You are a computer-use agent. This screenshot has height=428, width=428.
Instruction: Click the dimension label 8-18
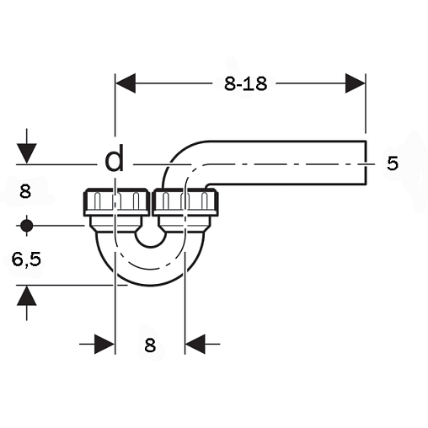coord(245,83)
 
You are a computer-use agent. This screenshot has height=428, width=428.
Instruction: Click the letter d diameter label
coord(115,160)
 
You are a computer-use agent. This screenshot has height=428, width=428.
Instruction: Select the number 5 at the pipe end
coord(393,163)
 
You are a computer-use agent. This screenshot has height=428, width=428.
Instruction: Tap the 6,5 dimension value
coord(26,259)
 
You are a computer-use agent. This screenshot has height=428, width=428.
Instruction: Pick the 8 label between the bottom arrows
coord(150,345)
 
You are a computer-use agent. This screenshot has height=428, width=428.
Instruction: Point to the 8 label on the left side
coord(25,192)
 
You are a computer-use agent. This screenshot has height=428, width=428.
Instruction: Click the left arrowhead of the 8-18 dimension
coord(126,83)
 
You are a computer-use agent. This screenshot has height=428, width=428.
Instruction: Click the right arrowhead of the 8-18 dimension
coord(356,83)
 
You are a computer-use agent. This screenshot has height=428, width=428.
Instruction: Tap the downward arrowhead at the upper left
coord(27,153)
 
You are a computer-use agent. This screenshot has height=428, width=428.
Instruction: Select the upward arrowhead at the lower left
coord(27,296)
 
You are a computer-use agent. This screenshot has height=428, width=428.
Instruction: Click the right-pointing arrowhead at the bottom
coord(104,344)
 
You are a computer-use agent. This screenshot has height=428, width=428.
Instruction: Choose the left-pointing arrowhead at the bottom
coord(195,344)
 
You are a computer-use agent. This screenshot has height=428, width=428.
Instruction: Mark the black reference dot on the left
coord(27,225)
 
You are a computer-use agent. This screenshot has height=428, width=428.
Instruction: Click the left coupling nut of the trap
coord(116,202)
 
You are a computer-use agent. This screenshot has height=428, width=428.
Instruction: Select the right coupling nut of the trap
coord(185,202)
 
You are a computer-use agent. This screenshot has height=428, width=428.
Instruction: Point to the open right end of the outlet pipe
coord(366,163)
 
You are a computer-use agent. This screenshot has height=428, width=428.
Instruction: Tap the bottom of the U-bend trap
coord(151,285)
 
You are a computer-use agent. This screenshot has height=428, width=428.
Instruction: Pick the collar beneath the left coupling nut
coord(115,224)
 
